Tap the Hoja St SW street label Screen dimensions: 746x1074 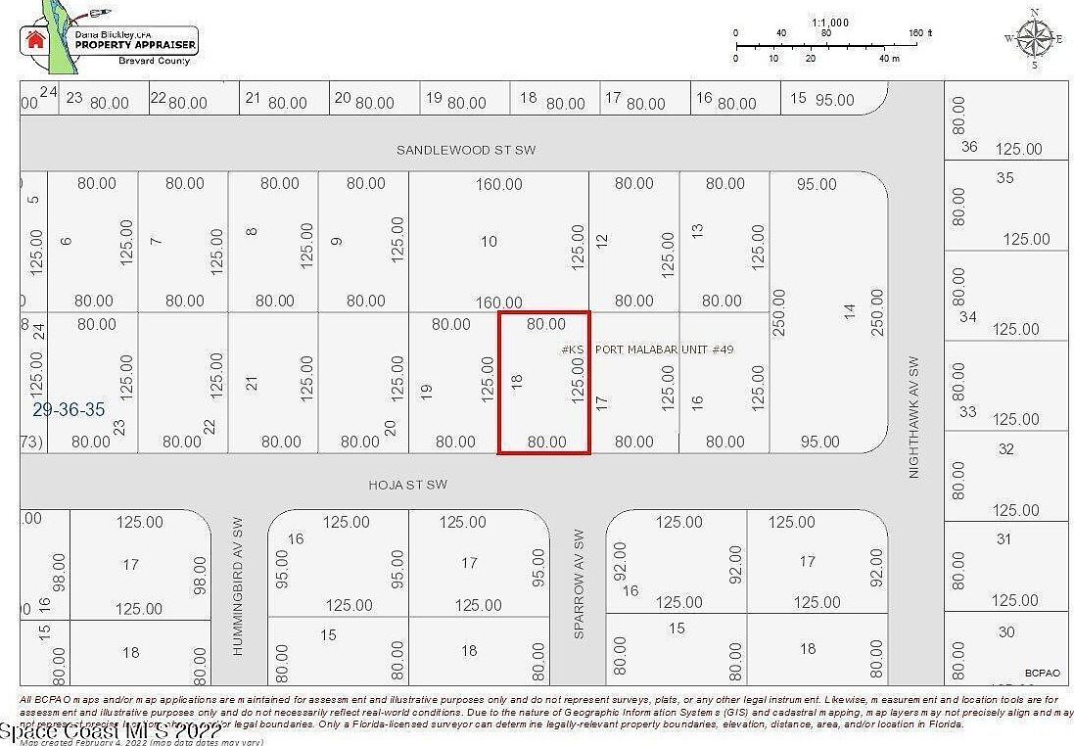tap(408, 485)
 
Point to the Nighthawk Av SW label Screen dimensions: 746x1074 tap(915, 416)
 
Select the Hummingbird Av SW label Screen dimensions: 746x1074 tap(237, 586)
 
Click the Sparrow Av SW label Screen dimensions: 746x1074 tap(579, 584)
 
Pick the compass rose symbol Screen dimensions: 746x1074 tap(1034, 39)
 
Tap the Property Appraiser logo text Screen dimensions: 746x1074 tap(136, 45)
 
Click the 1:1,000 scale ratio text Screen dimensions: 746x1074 tap(830, 22)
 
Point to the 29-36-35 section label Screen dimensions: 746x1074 tap(69, 410)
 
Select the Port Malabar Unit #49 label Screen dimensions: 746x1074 tap(665, 350)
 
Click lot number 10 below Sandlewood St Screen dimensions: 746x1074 tap(489, 242)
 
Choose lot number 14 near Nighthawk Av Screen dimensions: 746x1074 tap(850, 311)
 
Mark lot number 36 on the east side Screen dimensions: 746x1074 tap(969, 147)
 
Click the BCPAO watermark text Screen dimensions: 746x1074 tap(1042, 673)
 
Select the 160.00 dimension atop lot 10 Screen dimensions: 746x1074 tap(499, 184)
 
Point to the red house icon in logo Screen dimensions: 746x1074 tap(36, 40)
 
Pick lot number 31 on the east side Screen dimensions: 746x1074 tap(1004, 538)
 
